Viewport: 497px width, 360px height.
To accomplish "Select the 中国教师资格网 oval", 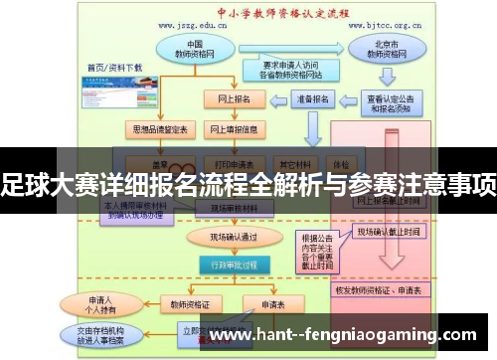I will [x=195, y=51].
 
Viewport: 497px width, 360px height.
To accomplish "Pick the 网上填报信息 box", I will [x=235, y=129].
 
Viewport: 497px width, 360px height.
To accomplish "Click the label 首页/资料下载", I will [x=114, y=68].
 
